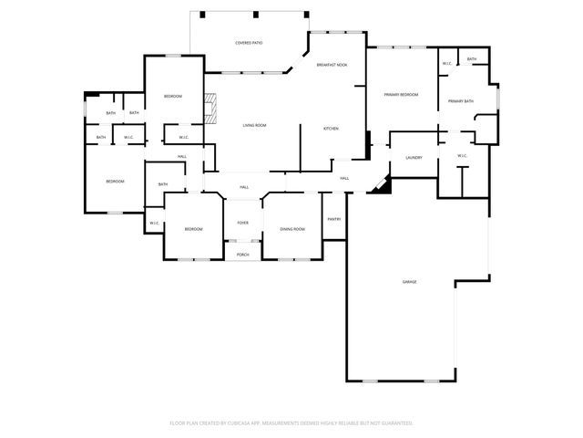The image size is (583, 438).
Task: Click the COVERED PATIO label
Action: pos(249,43)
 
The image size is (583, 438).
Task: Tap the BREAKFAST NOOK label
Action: pos(333,66)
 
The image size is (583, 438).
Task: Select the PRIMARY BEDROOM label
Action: pos(401,95)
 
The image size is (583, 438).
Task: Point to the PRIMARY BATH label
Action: pos(460,101)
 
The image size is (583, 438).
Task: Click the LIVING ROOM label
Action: pos(254,125)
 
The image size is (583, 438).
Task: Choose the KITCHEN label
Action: pos(332,129)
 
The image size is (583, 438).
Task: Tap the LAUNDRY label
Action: pos(413,158)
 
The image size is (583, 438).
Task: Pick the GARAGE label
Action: pos(409,282)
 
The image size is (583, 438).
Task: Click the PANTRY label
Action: pos(334,219)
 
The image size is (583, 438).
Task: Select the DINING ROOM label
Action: pos(292,229)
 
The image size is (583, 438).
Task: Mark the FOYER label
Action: pos(243,223)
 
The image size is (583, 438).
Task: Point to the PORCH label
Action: pos(243,255)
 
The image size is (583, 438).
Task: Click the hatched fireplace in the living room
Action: pos(212,109)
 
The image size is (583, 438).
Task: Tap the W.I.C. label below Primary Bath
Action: pos(461,156)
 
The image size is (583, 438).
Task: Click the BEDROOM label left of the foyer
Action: pos(194,229)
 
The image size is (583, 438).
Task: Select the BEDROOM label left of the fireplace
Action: pos(173,97)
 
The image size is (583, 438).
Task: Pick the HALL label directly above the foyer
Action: pos(244,187)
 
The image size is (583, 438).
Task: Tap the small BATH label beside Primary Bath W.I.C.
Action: pos(471,59)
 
